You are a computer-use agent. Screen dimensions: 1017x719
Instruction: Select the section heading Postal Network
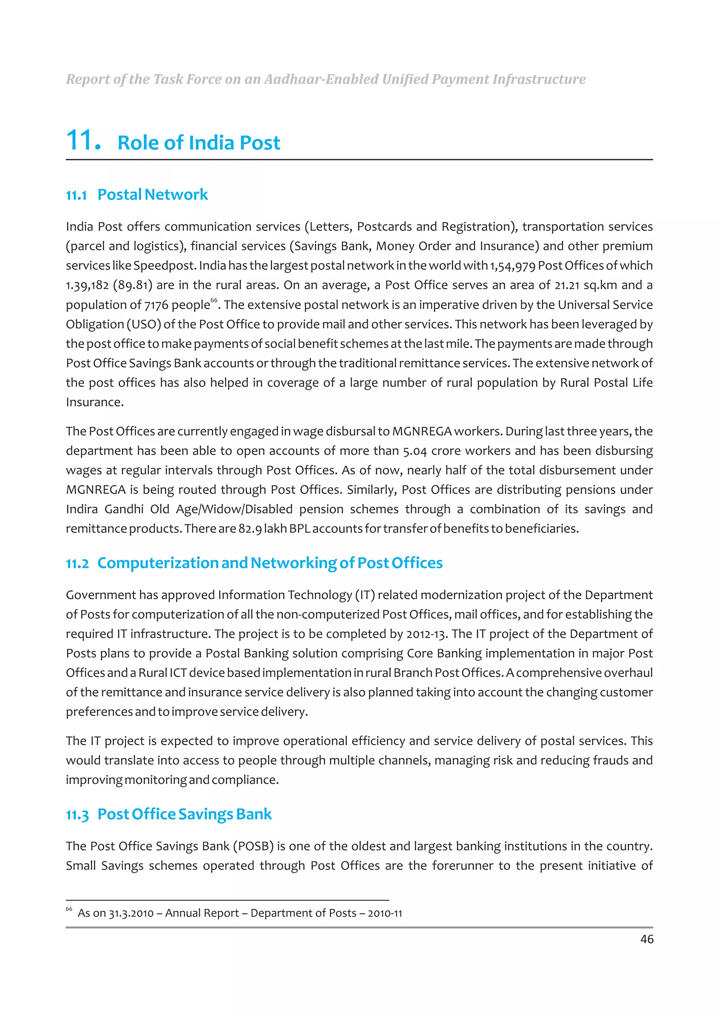(152, 194)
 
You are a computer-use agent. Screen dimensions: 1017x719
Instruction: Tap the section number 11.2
(77, 564)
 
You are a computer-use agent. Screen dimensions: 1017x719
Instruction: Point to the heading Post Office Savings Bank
(184, 814)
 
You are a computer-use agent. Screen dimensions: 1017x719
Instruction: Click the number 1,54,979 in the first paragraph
(513, 266)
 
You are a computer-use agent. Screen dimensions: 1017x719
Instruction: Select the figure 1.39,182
(87, 285)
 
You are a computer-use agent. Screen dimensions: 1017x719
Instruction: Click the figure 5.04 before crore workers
(415, 451)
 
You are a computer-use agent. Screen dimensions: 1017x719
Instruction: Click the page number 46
(646, 939)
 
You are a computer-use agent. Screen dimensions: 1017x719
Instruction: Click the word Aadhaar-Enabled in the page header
(321, 79)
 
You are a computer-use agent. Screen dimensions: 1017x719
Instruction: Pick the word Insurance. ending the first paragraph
(94, 402)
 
